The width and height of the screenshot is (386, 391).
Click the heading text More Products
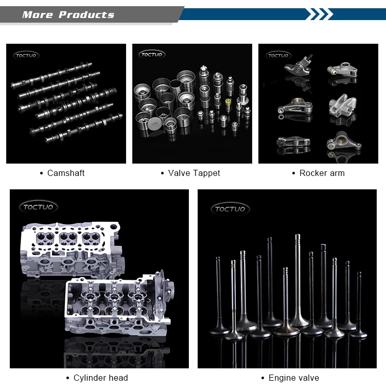click(x=68, y=14)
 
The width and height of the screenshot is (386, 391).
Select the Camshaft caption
click(x=66, y=173)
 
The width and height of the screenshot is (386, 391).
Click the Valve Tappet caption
click(x=194, y=173)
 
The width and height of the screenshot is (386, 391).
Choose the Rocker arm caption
click(x=322, y=173)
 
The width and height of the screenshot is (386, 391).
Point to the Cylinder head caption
click(x=100, y=378)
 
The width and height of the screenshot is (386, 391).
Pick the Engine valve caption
click(x=293, y=378)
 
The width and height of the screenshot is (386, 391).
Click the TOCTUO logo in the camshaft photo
click(x=26, y=56)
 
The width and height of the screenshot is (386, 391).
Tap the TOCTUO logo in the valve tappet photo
click(x=152, y=55)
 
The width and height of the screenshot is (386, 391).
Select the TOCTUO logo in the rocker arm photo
click(x=278, y=55)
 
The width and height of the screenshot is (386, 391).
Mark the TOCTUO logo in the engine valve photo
click(x=231, y=209)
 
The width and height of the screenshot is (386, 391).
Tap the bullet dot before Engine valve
click(x=262, y=378)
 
